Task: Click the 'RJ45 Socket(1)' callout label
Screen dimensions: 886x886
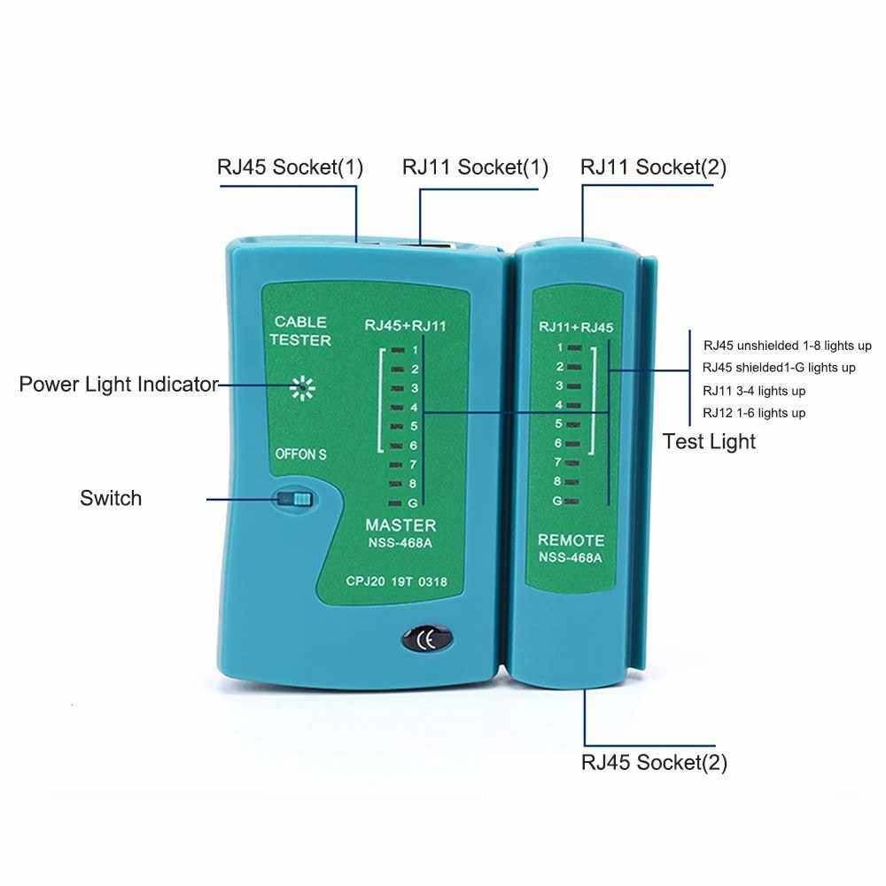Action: coord(290,167)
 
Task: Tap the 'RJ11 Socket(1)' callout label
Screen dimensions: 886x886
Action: coord(475,167)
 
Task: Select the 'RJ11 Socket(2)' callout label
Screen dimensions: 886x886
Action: coord(653,167)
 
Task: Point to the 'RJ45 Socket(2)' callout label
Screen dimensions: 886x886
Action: coord(654,762)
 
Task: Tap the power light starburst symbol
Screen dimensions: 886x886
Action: coord(302,386)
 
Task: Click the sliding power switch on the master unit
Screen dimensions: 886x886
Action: coord(295,500)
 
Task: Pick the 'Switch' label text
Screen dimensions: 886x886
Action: coord(111,498)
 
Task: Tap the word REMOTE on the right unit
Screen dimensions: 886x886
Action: coord(571,540)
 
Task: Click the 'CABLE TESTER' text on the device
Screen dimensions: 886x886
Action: coord(301,330)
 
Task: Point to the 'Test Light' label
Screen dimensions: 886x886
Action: coord(709,441)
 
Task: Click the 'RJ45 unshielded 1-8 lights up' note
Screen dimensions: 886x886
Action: coord(788,345)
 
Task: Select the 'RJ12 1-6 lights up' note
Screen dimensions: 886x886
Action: coord(754,413)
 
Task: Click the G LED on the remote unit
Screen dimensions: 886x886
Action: coord(574,501)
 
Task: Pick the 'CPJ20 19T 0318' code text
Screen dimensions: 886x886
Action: coord(396,582)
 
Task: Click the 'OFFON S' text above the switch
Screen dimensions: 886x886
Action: coord(301,455)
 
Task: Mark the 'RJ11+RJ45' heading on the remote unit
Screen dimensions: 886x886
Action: coord(576,328)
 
